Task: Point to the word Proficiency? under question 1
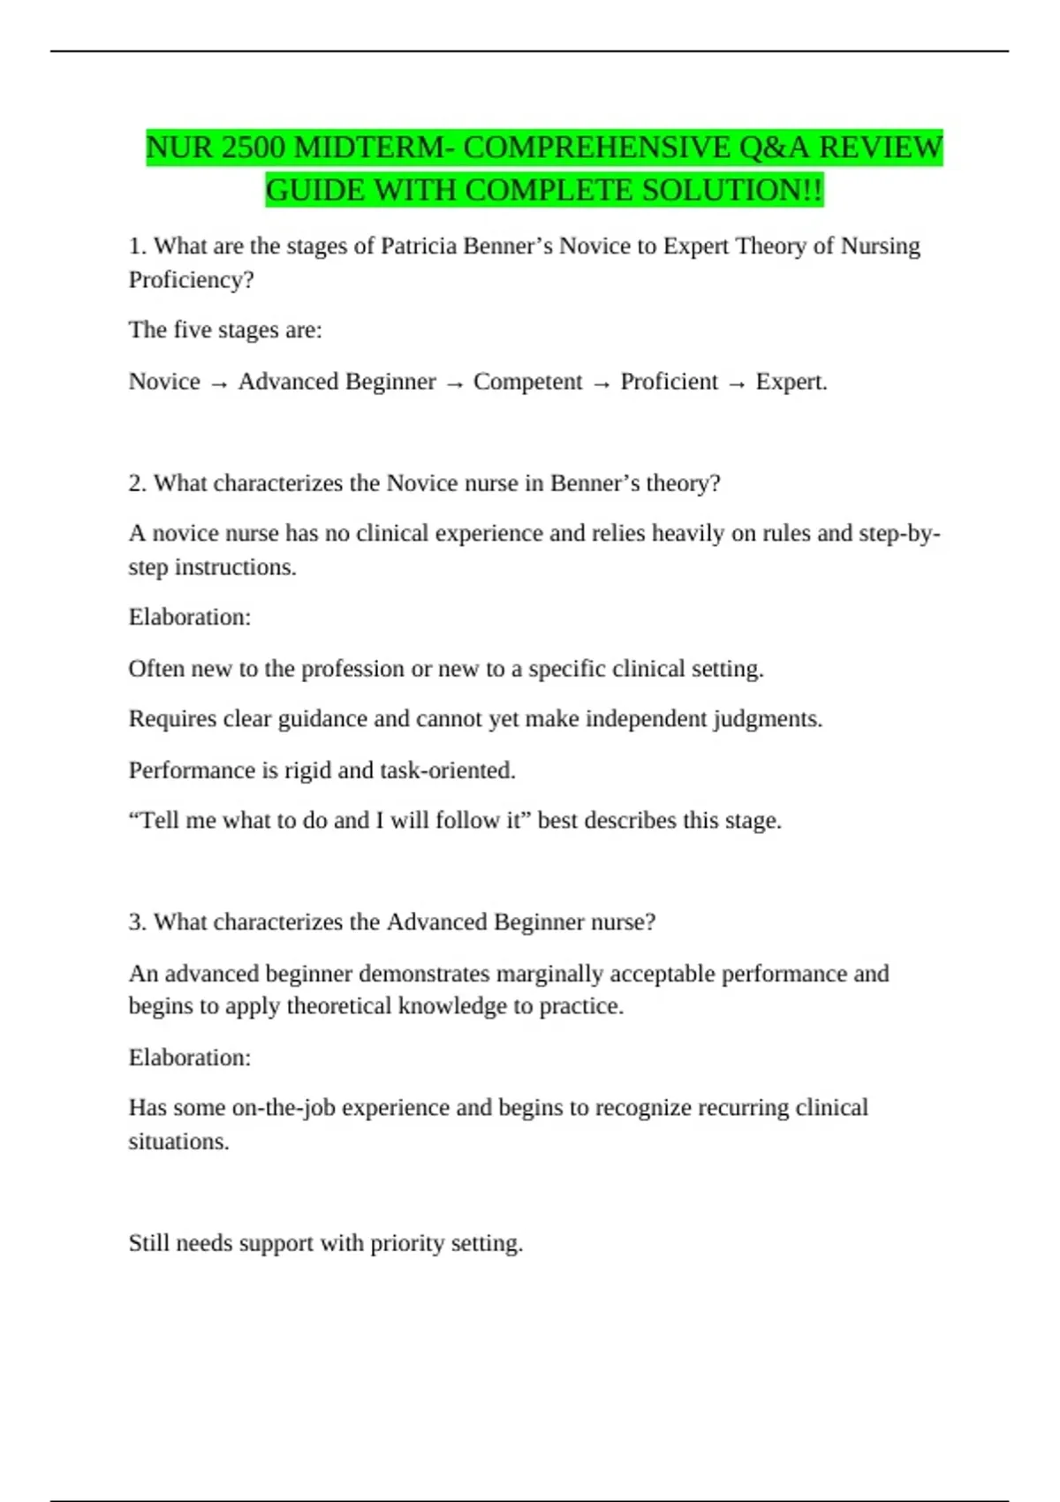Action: [x=191, y=279]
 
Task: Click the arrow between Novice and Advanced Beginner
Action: [x=219, y=383]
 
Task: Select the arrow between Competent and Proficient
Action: [x=602, y=383]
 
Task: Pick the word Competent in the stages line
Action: [x=527, y=382]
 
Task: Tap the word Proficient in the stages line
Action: [x=669, y=382]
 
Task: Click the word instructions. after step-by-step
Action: [x=235, y=567]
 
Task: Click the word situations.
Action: [x=178, y=1142]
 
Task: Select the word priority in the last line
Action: [x=407, y=1243]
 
